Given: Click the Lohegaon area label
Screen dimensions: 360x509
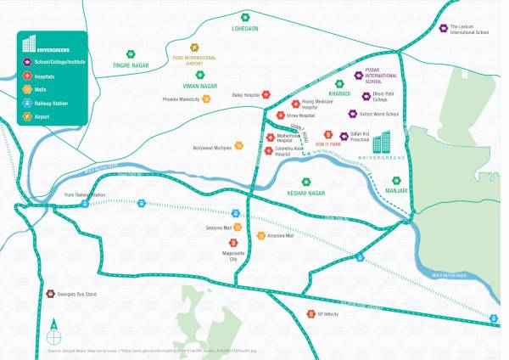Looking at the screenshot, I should pos(245,28).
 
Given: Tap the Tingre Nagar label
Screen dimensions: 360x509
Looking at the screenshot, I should pos(131,65).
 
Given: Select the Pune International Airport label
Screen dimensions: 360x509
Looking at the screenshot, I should pos(193,60).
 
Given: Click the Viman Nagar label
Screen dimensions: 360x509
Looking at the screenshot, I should pos(200,86).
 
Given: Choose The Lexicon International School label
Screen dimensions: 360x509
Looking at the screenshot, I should pos(469,30).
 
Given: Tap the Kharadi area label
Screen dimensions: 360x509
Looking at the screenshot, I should pos(339,93).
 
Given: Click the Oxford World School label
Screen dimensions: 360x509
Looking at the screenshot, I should pos(378,114).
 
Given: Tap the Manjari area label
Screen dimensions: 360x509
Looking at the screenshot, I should pos(395,191).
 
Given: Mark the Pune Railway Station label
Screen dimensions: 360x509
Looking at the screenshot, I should pos(85,194).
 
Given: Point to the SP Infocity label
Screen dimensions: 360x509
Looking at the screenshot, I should pos(327,314).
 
